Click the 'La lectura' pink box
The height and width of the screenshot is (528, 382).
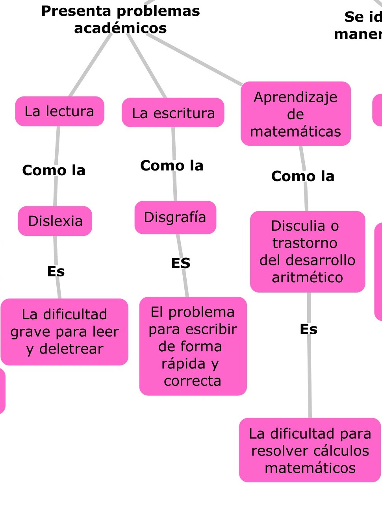coord(59,111)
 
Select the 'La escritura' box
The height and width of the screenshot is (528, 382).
coord(173,113)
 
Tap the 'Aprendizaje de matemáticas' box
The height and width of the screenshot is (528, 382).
coord(296,114)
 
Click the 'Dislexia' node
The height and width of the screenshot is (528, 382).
coord(55,221)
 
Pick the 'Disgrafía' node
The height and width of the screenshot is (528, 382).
coord(175,217)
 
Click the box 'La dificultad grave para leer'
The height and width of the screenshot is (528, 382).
coord(65,332)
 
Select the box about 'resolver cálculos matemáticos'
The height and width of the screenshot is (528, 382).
coord(310,450)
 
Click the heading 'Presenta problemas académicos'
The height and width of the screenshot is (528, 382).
coord(121,19)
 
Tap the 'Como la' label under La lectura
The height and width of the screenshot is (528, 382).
coord(54,170)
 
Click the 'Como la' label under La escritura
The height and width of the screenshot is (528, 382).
coord(172,166)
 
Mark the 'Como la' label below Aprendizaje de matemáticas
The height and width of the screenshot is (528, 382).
coord(303,176)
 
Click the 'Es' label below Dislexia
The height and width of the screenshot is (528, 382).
coord(56,271)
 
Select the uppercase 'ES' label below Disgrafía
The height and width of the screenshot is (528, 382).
coord(181,263)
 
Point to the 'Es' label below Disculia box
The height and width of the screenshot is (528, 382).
coord(308,329)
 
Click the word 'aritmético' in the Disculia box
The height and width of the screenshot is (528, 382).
coord(308,278)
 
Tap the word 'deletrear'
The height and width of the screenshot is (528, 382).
coord(71,349)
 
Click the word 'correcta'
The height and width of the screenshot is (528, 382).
coord(193,381)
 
